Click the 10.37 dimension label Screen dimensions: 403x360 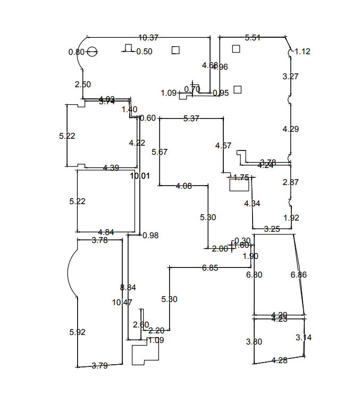(148, 38)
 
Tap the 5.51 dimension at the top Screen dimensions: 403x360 (253, 38)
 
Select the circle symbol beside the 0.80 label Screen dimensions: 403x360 (92, 52)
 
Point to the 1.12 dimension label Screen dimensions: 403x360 (302, 52)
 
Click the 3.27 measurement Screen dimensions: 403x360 (290, 76)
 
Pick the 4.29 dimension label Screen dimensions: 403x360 (290, 129)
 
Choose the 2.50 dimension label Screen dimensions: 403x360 (82, 84)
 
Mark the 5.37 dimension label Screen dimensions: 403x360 (191, 119)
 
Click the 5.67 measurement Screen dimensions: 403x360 (159, 152)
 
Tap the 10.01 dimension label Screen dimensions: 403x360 (140, 176)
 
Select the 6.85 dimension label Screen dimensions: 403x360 (210, 268)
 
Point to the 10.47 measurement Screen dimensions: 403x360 (122, 302)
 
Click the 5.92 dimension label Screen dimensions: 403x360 (77, 332)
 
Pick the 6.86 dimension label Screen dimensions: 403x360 (298, 275)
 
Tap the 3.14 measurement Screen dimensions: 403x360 (304, 337)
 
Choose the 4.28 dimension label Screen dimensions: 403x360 (279, 360)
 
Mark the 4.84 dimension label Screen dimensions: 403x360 (106, 232)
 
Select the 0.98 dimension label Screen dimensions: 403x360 (150, 235)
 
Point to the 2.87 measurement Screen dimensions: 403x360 (290, 182)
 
